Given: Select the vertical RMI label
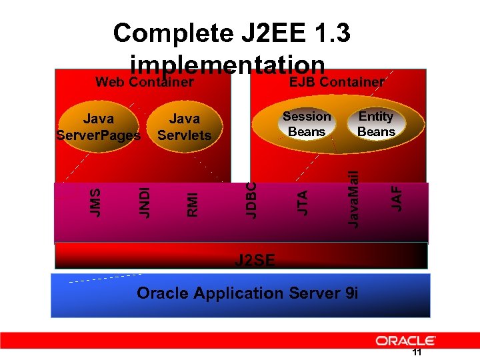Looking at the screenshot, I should point(192,204).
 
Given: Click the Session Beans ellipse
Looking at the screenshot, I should point(307,124).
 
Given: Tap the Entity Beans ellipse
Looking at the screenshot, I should point(376,124).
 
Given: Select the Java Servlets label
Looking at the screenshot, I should point(184,127).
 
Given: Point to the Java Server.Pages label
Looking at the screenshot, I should point(98,127).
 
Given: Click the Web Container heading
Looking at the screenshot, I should point(145,83).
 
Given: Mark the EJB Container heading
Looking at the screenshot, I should point(336,82).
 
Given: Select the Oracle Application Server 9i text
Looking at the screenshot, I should point(247,293).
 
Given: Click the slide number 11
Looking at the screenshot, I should point(417,353).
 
